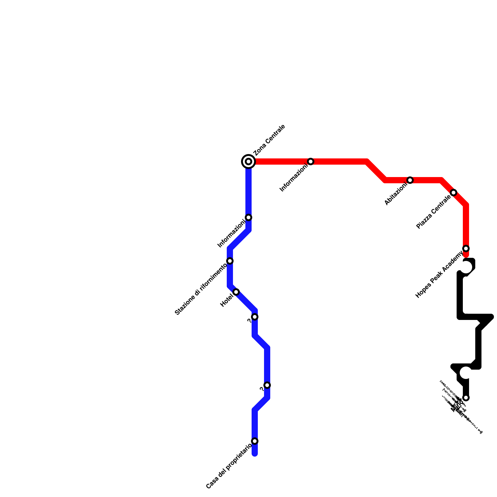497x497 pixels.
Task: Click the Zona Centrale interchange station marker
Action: [x=248, y=162]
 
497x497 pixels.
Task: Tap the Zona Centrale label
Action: [x=269, y=140]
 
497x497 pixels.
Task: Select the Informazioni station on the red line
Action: [x=311, y=162]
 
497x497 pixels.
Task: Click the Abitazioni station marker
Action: [x=410, y=180]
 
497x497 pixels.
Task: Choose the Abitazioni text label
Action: [x=395, y=194]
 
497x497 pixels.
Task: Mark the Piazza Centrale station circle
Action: [x=454, y=193]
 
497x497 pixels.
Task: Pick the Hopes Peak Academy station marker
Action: [x=466, y=248]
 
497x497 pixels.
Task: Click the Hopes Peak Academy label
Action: [x=439, y=275]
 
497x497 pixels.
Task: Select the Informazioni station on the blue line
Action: [x=248, y=217]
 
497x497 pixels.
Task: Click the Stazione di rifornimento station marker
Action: [x=230, y=261]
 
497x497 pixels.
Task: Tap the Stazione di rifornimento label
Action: [x=201, y=289]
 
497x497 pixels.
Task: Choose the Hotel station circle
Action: [x=236, y=292]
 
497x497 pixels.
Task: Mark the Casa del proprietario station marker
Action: [x=255, y=441]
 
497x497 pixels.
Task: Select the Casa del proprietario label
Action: [x=229, y=467]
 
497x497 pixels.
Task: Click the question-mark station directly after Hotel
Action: [x=255, y=317]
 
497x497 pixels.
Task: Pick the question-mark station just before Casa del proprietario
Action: [x=267, y=385]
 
